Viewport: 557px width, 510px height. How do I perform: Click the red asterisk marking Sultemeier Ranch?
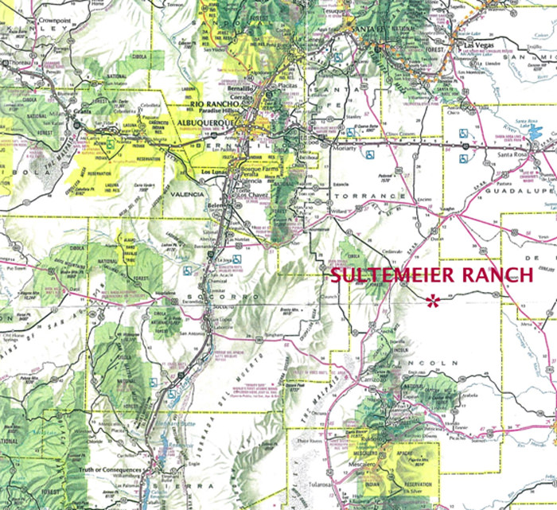tap(433, 301)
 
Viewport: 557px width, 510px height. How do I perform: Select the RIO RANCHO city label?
tap(212, 103)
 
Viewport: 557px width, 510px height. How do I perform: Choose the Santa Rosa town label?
tap(509, 154)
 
